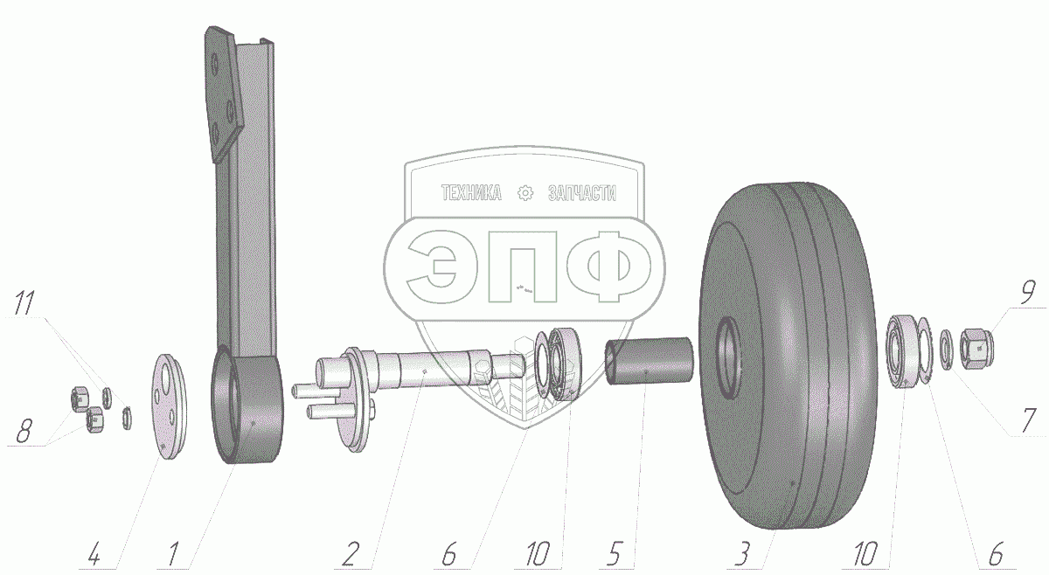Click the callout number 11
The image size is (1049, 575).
(x=24, y=303)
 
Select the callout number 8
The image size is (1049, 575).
(x=24, y=432)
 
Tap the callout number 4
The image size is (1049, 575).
(x=94, y=555)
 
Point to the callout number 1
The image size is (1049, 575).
(x=173, y=555)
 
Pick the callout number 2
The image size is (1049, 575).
(x=351, y=555)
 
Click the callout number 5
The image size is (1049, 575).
(x=614, y=554)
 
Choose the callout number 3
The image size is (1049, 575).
(x=743, y=554)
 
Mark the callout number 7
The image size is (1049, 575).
(x=1028, y=421)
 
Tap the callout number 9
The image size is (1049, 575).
(x=1027, y=294)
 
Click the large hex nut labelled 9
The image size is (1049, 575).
(x=976, y=349)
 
